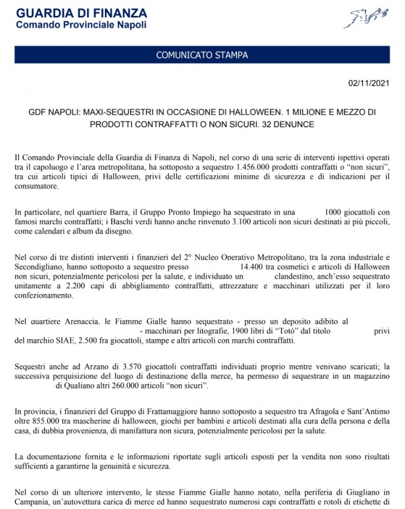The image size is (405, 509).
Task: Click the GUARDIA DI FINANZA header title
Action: pos(81,13)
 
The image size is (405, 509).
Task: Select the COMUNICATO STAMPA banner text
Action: pos(202,55)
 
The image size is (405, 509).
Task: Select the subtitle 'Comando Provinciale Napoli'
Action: pos(81,25)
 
